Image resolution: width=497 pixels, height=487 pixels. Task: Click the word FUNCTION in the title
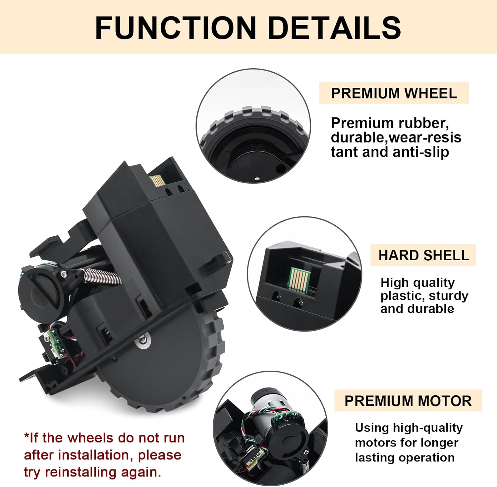pyautogui.click(x=176, y=28)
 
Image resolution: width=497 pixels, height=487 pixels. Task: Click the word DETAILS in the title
pyautogui.click(x=335, y=28)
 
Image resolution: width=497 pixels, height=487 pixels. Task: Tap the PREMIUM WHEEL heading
pyautogui.click(x=394, y=93)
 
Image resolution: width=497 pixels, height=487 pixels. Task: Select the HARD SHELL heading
pyautogui.click(x=423, y=255)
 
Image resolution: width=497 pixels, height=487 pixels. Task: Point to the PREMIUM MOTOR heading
pyautogui.click(x=408, y=400)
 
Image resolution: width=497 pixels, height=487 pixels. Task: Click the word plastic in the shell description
pyautogui.click(x=399, y=296)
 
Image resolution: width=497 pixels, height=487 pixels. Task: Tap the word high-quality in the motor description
pyautogui.click(x=427, y=428)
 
